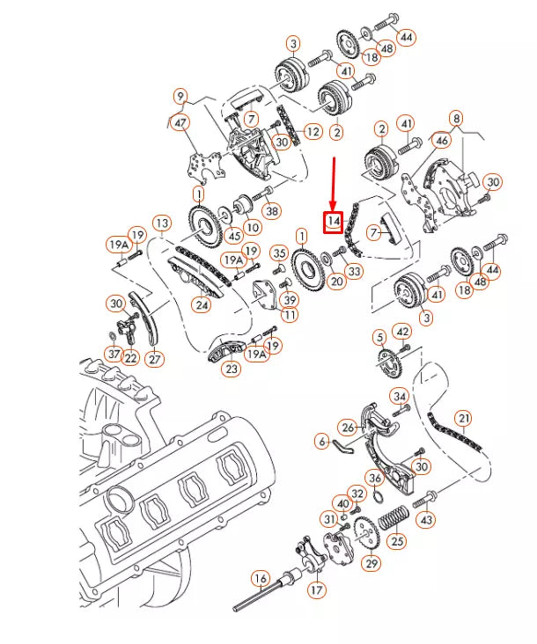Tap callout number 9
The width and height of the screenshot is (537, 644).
181,96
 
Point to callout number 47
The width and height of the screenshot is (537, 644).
181,124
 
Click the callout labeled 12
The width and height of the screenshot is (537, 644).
313,132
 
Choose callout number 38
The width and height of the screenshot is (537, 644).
272,211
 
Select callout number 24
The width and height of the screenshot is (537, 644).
202,305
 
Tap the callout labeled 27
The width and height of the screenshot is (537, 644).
156,358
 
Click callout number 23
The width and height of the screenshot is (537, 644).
232,370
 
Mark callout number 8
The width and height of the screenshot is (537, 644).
455,118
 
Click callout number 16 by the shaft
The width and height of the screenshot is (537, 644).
260,578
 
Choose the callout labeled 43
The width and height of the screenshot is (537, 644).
427,520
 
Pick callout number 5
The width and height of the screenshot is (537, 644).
379,337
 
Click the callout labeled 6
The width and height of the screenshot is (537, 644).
322,441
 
